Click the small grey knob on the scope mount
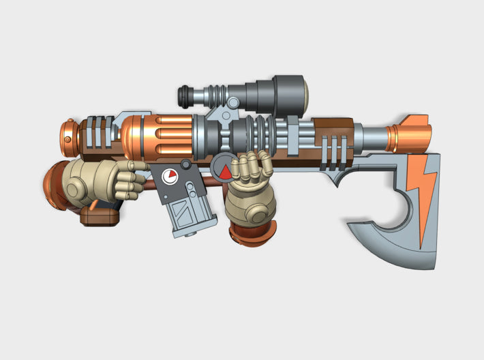point(234,103)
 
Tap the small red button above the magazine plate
point(185,164)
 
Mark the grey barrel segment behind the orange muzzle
point(373,134)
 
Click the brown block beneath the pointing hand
point(100,215)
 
